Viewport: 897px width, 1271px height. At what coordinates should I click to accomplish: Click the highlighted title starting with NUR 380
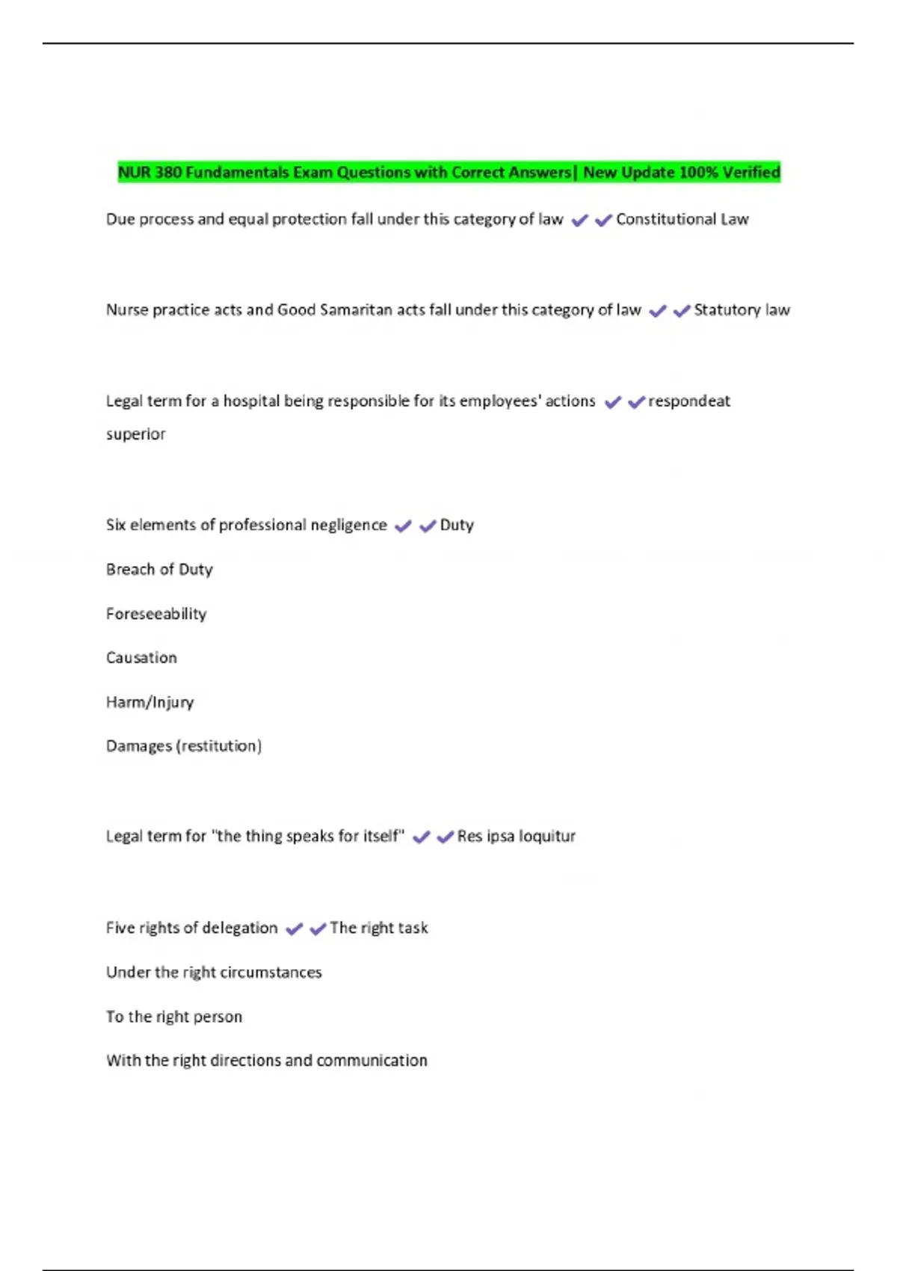coord(449,173)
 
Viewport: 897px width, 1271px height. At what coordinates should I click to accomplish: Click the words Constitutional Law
coord(682,219)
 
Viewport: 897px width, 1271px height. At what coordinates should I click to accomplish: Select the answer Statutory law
coord(742,310)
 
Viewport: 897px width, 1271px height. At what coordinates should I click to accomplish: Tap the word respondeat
coord(688,401)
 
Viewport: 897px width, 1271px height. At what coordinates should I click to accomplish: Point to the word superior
coord(135,434)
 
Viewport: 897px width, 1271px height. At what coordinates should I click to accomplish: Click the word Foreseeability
coord(156,614)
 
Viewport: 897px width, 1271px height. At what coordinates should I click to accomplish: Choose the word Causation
coord(141,658)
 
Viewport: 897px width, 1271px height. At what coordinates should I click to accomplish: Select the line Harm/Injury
coord(149,702)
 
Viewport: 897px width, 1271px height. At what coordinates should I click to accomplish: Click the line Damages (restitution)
coord(184,746)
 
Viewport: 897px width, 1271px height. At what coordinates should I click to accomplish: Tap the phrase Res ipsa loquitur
coord(516,836)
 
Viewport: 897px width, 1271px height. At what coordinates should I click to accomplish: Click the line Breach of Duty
coord(159,570)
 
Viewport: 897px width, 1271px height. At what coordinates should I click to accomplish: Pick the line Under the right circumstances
coord(214,972)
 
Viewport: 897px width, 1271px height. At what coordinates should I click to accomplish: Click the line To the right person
coord(174,1017)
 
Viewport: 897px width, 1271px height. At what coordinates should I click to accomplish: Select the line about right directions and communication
coord(267,1060)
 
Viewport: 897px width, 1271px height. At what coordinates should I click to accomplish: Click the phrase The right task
coord(378,928)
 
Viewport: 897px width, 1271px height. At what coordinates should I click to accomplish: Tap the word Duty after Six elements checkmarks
coord(457,525)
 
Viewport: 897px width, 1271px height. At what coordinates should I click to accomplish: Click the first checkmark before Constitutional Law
coord(579,221)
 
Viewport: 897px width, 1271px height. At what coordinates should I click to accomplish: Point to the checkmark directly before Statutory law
coord(682,311)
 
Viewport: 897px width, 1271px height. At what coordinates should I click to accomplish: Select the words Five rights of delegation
coord(191,928)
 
